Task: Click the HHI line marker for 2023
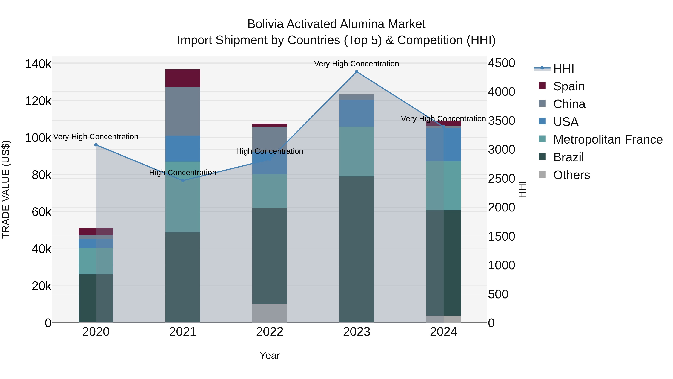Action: pos(357,72)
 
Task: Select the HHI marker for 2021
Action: pos(183,180)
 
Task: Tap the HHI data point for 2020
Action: pos(96,145)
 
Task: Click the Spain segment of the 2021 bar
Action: pos(183,78)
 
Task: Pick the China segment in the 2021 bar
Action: pos(183,111)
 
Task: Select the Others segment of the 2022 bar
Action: pos(270,313)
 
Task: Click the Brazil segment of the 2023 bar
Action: pos(357,249)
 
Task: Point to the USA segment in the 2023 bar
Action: pos(357,113)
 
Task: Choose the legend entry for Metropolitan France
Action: pos(608,139)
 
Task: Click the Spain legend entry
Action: pos(569,86)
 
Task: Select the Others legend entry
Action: pos(571,175)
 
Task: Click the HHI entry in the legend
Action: pos(563,69)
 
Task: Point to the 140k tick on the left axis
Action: pos(38,64)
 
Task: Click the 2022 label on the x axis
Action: pos(270,332)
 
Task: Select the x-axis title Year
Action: pos(270,355)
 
